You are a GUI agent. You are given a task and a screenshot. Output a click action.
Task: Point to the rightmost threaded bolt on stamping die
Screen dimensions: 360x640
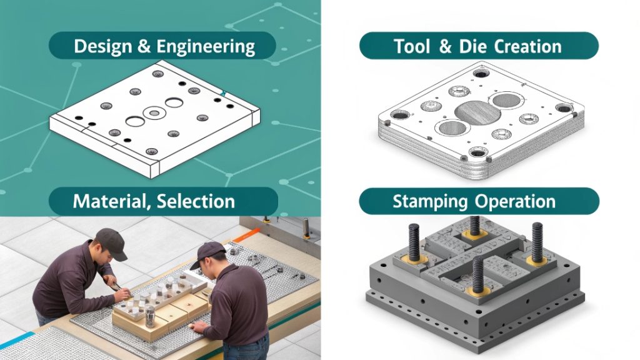click(x=537, y=240)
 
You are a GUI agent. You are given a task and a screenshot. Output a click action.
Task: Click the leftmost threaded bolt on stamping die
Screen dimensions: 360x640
click(x=414, y=241)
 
